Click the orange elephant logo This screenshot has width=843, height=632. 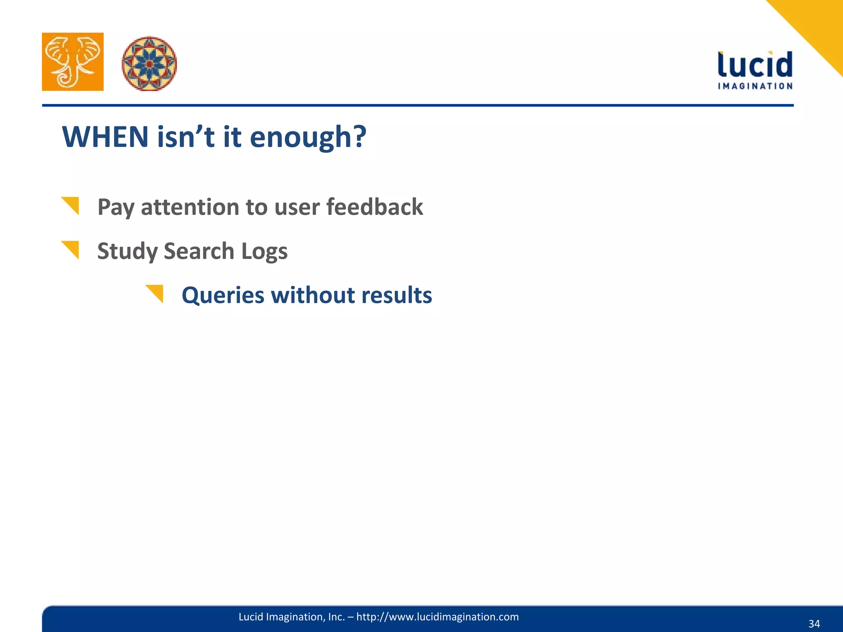72,62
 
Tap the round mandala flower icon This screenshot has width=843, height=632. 149,63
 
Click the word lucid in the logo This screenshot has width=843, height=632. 755,65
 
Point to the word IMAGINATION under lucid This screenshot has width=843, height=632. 755,86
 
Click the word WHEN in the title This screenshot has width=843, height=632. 105,137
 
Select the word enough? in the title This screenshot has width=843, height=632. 308,138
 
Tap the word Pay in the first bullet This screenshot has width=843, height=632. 115,207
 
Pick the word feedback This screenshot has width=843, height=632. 375,207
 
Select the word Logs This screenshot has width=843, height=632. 264,251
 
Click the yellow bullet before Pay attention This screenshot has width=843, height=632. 71,205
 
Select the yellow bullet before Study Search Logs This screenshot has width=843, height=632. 71,249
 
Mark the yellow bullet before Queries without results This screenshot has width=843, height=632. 156,293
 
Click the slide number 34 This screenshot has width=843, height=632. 814,624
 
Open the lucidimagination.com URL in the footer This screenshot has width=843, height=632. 437,617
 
